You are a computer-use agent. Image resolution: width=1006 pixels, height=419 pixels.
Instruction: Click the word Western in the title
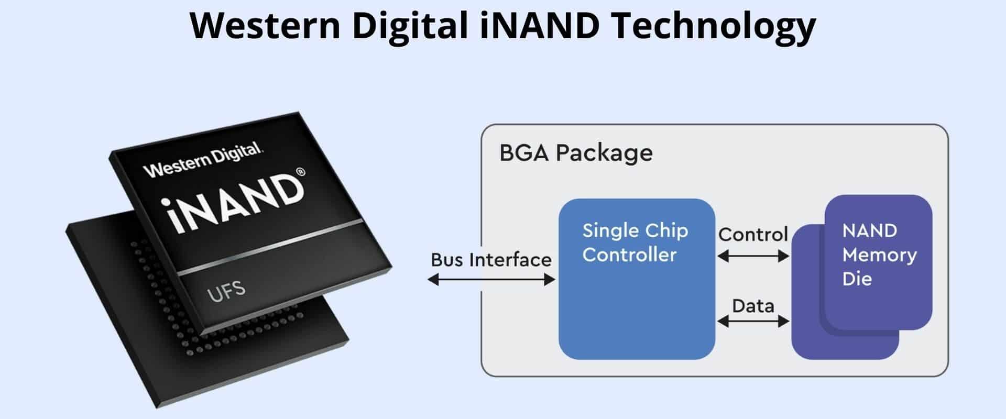(x=265, y=25)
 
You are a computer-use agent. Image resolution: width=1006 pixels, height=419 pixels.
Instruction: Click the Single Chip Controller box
(x=637, y=279)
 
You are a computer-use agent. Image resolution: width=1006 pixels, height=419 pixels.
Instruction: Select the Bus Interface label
(x=491, y=260)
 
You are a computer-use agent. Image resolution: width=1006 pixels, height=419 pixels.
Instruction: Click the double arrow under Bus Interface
(x=491, y=280)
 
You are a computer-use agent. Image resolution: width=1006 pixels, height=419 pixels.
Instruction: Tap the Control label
(x=753, y=234)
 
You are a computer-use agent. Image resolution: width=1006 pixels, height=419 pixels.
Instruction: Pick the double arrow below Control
(x=753, y=256)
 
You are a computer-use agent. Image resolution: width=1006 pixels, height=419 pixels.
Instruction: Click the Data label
(x=753, y=306)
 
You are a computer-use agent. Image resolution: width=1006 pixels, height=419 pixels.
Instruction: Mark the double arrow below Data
(x=753, y=321)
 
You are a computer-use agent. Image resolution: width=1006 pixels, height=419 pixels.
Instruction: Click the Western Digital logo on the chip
(x=203, y=160)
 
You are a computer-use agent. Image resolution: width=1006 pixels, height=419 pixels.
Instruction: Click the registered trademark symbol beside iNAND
(x=300, y=172)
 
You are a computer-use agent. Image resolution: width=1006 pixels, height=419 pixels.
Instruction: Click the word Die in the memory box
(x=857, y=279)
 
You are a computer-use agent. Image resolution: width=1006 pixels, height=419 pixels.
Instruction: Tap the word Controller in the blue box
(x=629, y=255)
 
